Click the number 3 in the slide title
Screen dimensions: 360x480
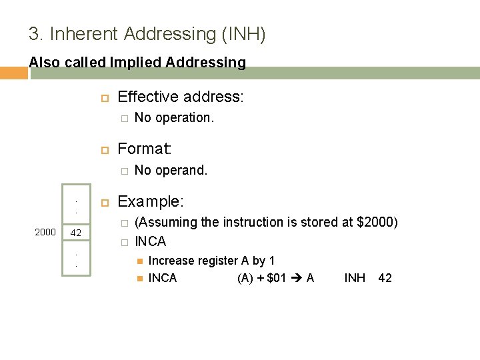tap(33, 33)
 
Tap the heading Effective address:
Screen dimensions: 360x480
tap(180, 97)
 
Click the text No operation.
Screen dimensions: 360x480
tap(174, 117)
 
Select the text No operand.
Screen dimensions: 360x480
tap(171, 170)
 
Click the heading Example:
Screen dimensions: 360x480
tap(151, 201)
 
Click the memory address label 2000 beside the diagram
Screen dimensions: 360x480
tap(45, 232)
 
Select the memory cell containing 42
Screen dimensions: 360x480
tap(76, 233)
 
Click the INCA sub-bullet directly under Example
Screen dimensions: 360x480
tap(150, 241)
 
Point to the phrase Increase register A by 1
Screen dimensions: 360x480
tap(211, 261)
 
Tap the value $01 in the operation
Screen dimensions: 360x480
tap(275, 278)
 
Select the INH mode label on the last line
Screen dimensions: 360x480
tap(355, 278)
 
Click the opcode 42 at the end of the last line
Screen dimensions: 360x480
tap(385, 278)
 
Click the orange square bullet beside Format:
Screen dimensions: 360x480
tap(104, 148)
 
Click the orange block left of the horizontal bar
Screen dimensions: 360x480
tap(14, 73)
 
